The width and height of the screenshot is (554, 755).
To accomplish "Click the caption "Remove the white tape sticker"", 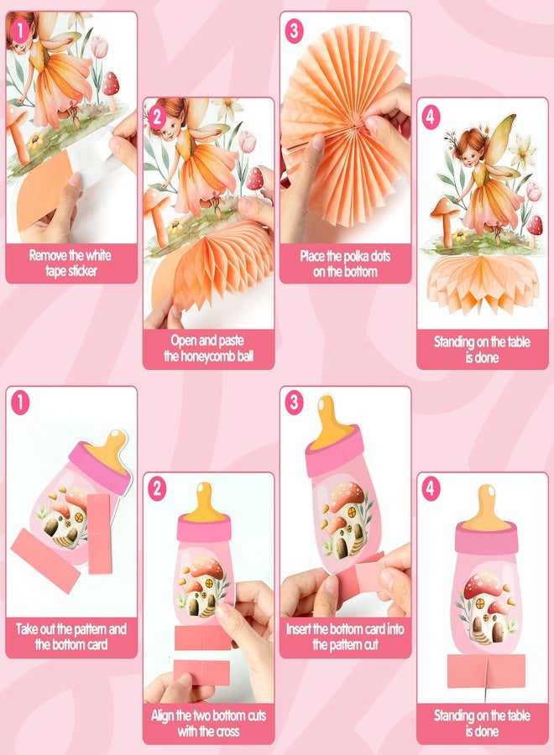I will pos(71,263).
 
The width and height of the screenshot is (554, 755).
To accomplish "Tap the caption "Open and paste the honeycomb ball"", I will pos(208,349).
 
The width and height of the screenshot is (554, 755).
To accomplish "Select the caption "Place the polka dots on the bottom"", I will pos(345,263).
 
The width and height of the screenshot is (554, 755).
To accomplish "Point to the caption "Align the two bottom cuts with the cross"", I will pos(208,724).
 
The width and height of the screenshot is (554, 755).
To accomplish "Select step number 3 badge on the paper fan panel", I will pos(294,32).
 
